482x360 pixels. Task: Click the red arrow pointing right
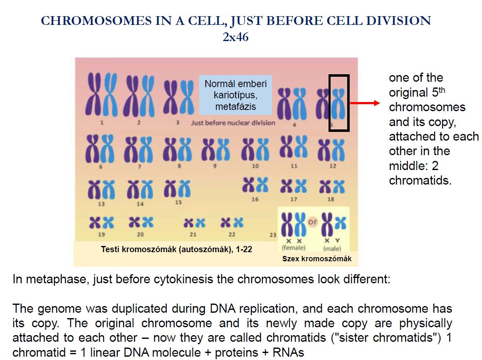(365, 103)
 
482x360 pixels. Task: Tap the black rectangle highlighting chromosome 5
(329, 103)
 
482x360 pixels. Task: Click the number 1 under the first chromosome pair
(102, 122)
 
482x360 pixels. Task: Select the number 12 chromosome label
(333, 166)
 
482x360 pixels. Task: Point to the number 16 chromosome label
(255, 199)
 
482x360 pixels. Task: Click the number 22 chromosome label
(232, 234)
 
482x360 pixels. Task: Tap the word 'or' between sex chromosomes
(312, 221)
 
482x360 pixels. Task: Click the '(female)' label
(294, 248)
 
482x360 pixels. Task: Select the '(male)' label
(332, 248)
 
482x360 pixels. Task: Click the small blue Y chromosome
(341, 223)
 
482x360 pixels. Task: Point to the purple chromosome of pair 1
(93, 94)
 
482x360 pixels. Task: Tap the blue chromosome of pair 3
(187, 97)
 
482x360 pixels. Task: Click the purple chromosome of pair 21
(188, 223)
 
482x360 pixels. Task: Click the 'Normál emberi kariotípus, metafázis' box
(236, 95)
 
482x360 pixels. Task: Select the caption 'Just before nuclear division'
(233, 123)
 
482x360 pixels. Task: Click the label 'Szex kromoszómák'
(317, 259)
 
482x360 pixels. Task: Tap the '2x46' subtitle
(236, 37)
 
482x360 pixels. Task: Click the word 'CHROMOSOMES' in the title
(96, 21)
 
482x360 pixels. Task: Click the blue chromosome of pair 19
(108, 222)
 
